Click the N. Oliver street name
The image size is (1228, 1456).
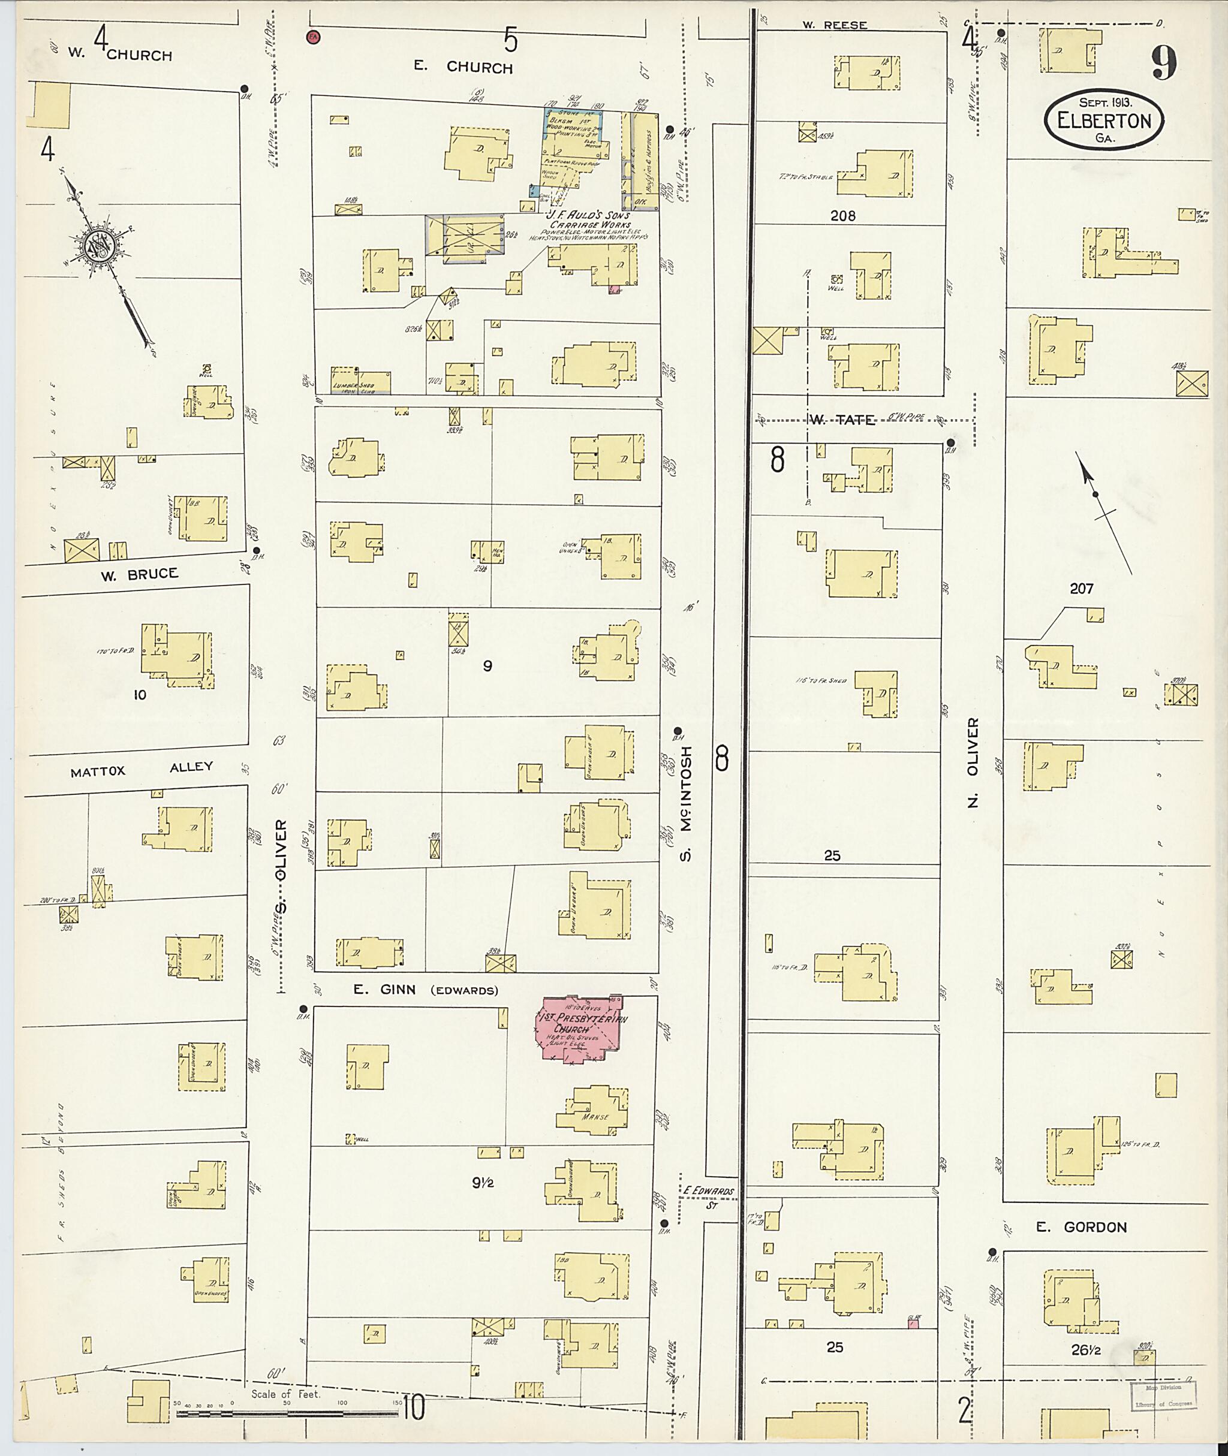pos(973,761)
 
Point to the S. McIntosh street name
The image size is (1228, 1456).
pos(687,804)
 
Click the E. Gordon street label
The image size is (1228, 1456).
pos(1081,1227)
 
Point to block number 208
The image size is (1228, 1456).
pos(842,216)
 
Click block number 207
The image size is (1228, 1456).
pos(1081,589)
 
